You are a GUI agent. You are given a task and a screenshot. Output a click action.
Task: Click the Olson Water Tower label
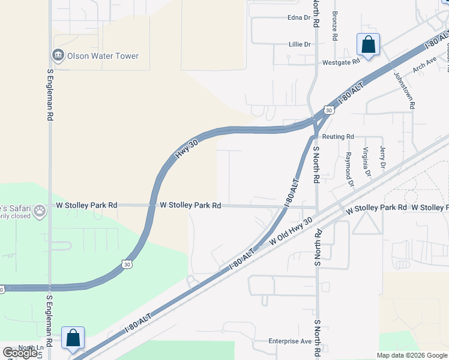(103, 56)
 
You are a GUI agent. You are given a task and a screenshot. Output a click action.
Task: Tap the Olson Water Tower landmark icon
(58, 56)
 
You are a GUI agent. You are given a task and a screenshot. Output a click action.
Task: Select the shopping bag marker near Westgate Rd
(368, 45)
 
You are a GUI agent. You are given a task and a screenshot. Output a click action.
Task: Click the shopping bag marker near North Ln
(73, 338)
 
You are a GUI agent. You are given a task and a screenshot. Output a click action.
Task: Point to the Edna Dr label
(299, 17)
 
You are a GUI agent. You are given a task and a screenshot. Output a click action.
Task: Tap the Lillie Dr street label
(299, 44)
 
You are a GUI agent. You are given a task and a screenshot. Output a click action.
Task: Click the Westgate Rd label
(340, 61)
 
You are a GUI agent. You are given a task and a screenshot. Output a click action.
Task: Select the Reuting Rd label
(338, 137)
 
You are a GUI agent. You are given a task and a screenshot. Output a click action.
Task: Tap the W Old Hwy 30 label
(292, 231)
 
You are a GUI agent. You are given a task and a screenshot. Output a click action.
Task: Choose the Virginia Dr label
(366, 163)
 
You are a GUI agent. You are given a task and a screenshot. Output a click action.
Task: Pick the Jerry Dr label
(382, 157)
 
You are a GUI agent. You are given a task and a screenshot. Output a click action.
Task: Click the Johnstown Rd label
(403, 90)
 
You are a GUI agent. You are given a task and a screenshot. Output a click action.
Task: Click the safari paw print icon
(40, 211)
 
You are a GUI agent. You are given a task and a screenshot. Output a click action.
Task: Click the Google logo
(20, 353)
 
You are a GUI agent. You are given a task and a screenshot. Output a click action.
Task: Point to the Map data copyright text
(412, 355)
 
